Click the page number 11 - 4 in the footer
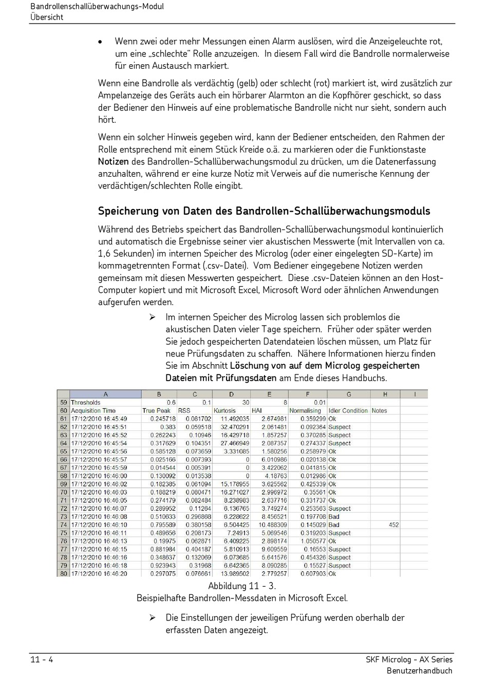click(42, 660)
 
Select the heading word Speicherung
click(125, 211)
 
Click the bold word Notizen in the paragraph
click(114, 162)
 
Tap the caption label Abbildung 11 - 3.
click(242, 586)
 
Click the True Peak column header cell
click(156, 411)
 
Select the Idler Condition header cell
click(348, 411)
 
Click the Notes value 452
click(393, 525)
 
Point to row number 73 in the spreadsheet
click(64, 517)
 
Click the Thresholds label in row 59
click(86, 403)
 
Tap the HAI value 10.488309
click(273, 525)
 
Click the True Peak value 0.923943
click(162, 566)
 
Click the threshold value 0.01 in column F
click(320, 403)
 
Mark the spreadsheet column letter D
click(231, 394)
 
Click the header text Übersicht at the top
click(47, 17)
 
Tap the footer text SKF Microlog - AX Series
click(409, 660)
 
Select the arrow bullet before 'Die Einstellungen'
click(153, 617)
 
